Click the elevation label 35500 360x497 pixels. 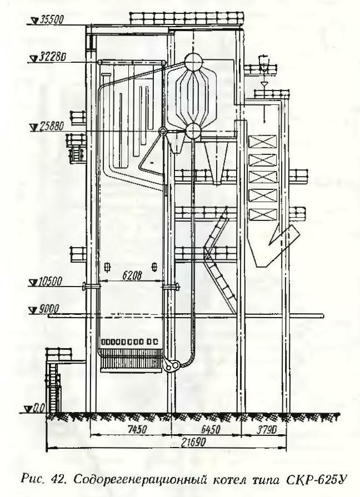click(x=51, y=19)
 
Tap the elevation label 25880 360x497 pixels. click(x=52, y=127)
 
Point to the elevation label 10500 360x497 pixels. click(x=51, y=282)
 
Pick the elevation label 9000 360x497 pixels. click(x=48, y=309)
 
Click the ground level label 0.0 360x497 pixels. click(x=39, y=408)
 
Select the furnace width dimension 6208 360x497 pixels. click(x=131, y=275)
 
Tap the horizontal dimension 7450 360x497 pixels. click(x=137, y=429)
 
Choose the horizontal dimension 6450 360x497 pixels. click(x=211, y=429)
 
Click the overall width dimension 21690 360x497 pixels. click(x=193, y=443)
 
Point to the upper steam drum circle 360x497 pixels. click(x=193, y=62)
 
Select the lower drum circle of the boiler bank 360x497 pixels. click(x=193, y=131)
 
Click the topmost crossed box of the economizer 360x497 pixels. click(x=263, y=142)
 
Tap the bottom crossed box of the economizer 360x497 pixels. click(x=262, y=215)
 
